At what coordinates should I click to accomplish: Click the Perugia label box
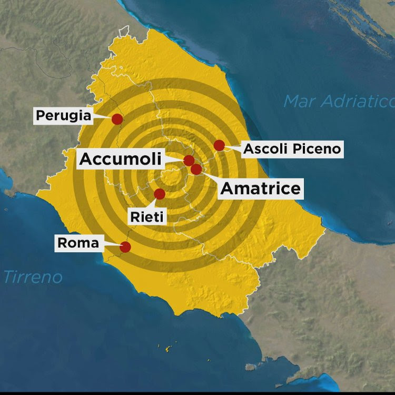pyautogui.click(x=63, y=115)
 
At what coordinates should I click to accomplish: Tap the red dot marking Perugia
pyautogui.click(x=117, y=119)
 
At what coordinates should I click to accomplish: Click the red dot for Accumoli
pyautogui.click(x=189, y=161)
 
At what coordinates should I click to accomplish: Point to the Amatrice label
pyautogui.click(x=260, y=189)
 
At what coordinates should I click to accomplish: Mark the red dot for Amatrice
pyautogui.click(x=196, y=169)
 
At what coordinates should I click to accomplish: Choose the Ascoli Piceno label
pyautogui.click(x=292, y=149)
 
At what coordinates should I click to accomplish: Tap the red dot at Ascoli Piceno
pyautogui.click(x=219, y=145)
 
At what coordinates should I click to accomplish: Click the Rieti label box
pyautogui.click(x=148, y=216)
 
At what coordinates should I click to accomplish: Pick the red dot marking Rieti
pyautogui.click(x=159, y=194)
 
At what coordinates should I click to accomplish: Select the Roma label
pyautogui.click(x=77, y=243)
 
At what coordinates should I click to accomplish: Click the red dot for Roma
pyautogui.click(x=125, y=247)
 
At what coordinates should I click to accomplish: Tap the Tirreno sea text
pyautogui.click(x=33, y=277)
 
